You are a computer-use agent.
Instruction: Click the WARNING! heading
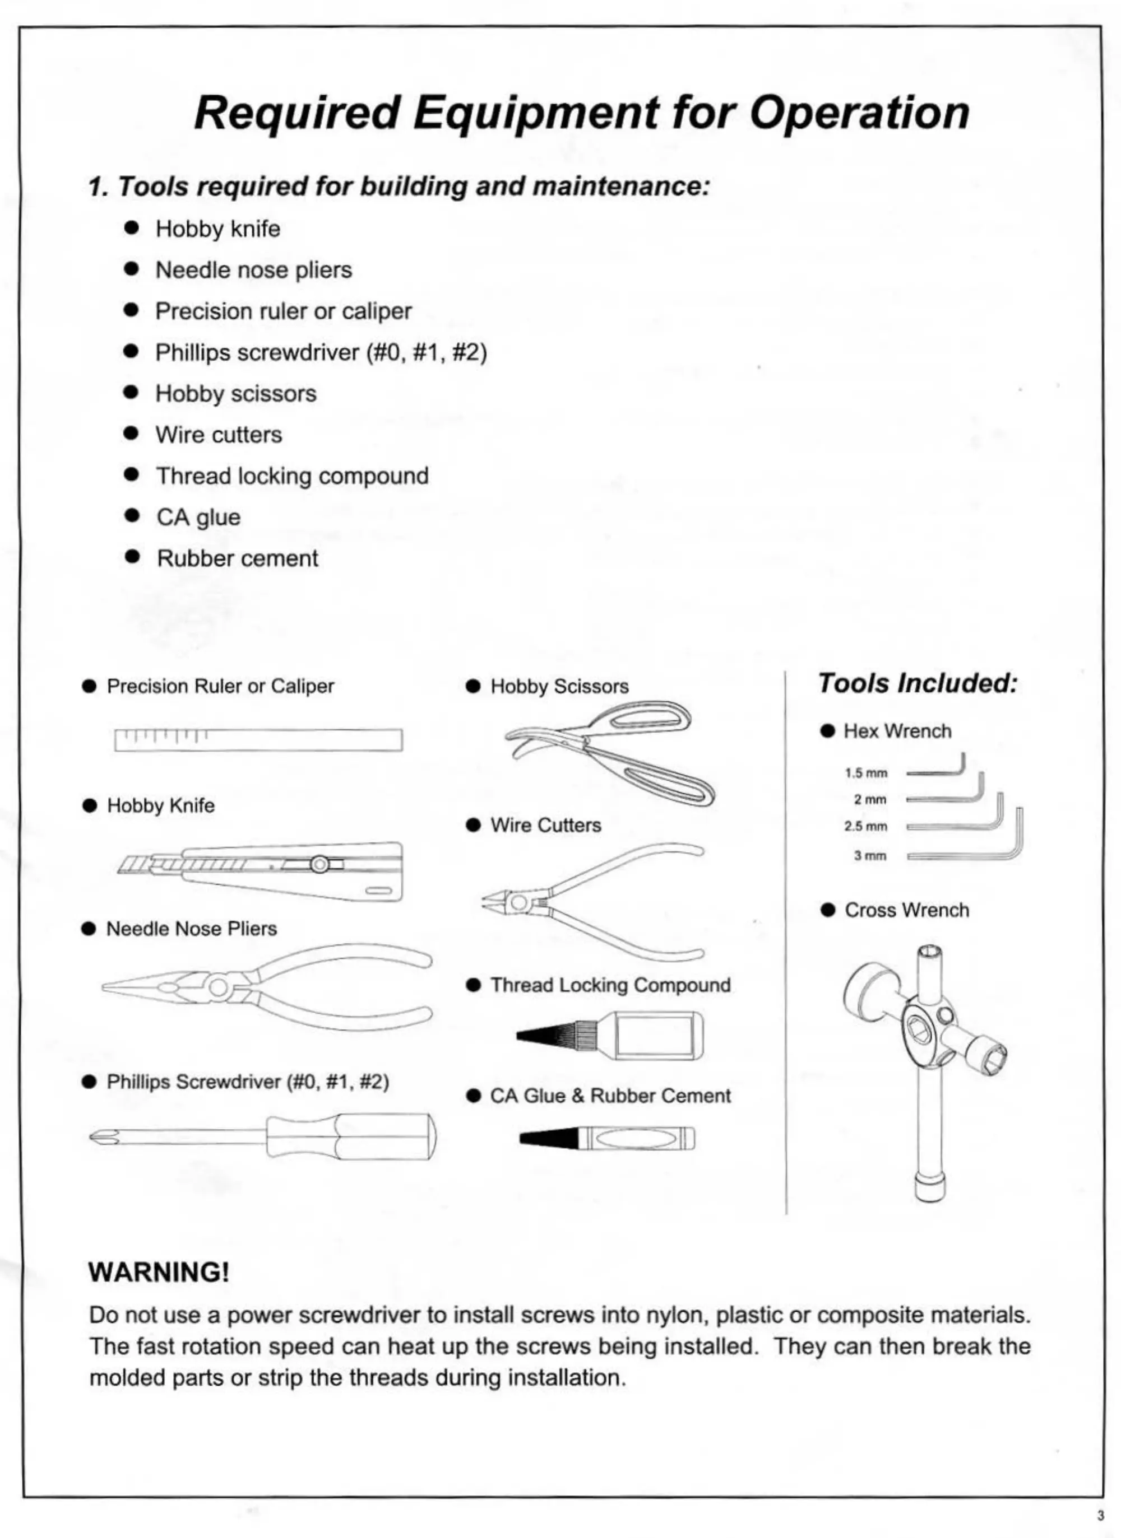coord(159,1271)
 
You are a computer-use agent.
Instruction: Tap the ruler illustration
coord(258,740)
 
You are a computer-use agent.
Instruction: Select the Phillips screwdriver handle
coord(351,1136)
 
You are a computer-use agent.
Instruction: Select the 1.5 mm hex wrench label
coord(866,773)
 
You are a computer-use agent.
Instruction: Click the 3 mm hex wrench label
coord(870,856)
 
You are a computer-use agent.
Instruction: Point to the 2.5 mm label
coord(866,827)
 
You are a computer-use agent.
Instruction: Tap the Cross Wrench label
coord(906,910)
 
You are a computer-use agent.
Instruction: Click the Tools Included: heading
coord(918,683)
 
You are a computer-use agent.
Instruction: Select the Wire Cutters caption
coord(545,825)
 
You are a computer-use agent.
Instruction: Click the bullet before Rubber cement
coord(132,557)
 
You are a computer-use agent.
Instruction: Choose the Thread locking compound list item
coord(292,476)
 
